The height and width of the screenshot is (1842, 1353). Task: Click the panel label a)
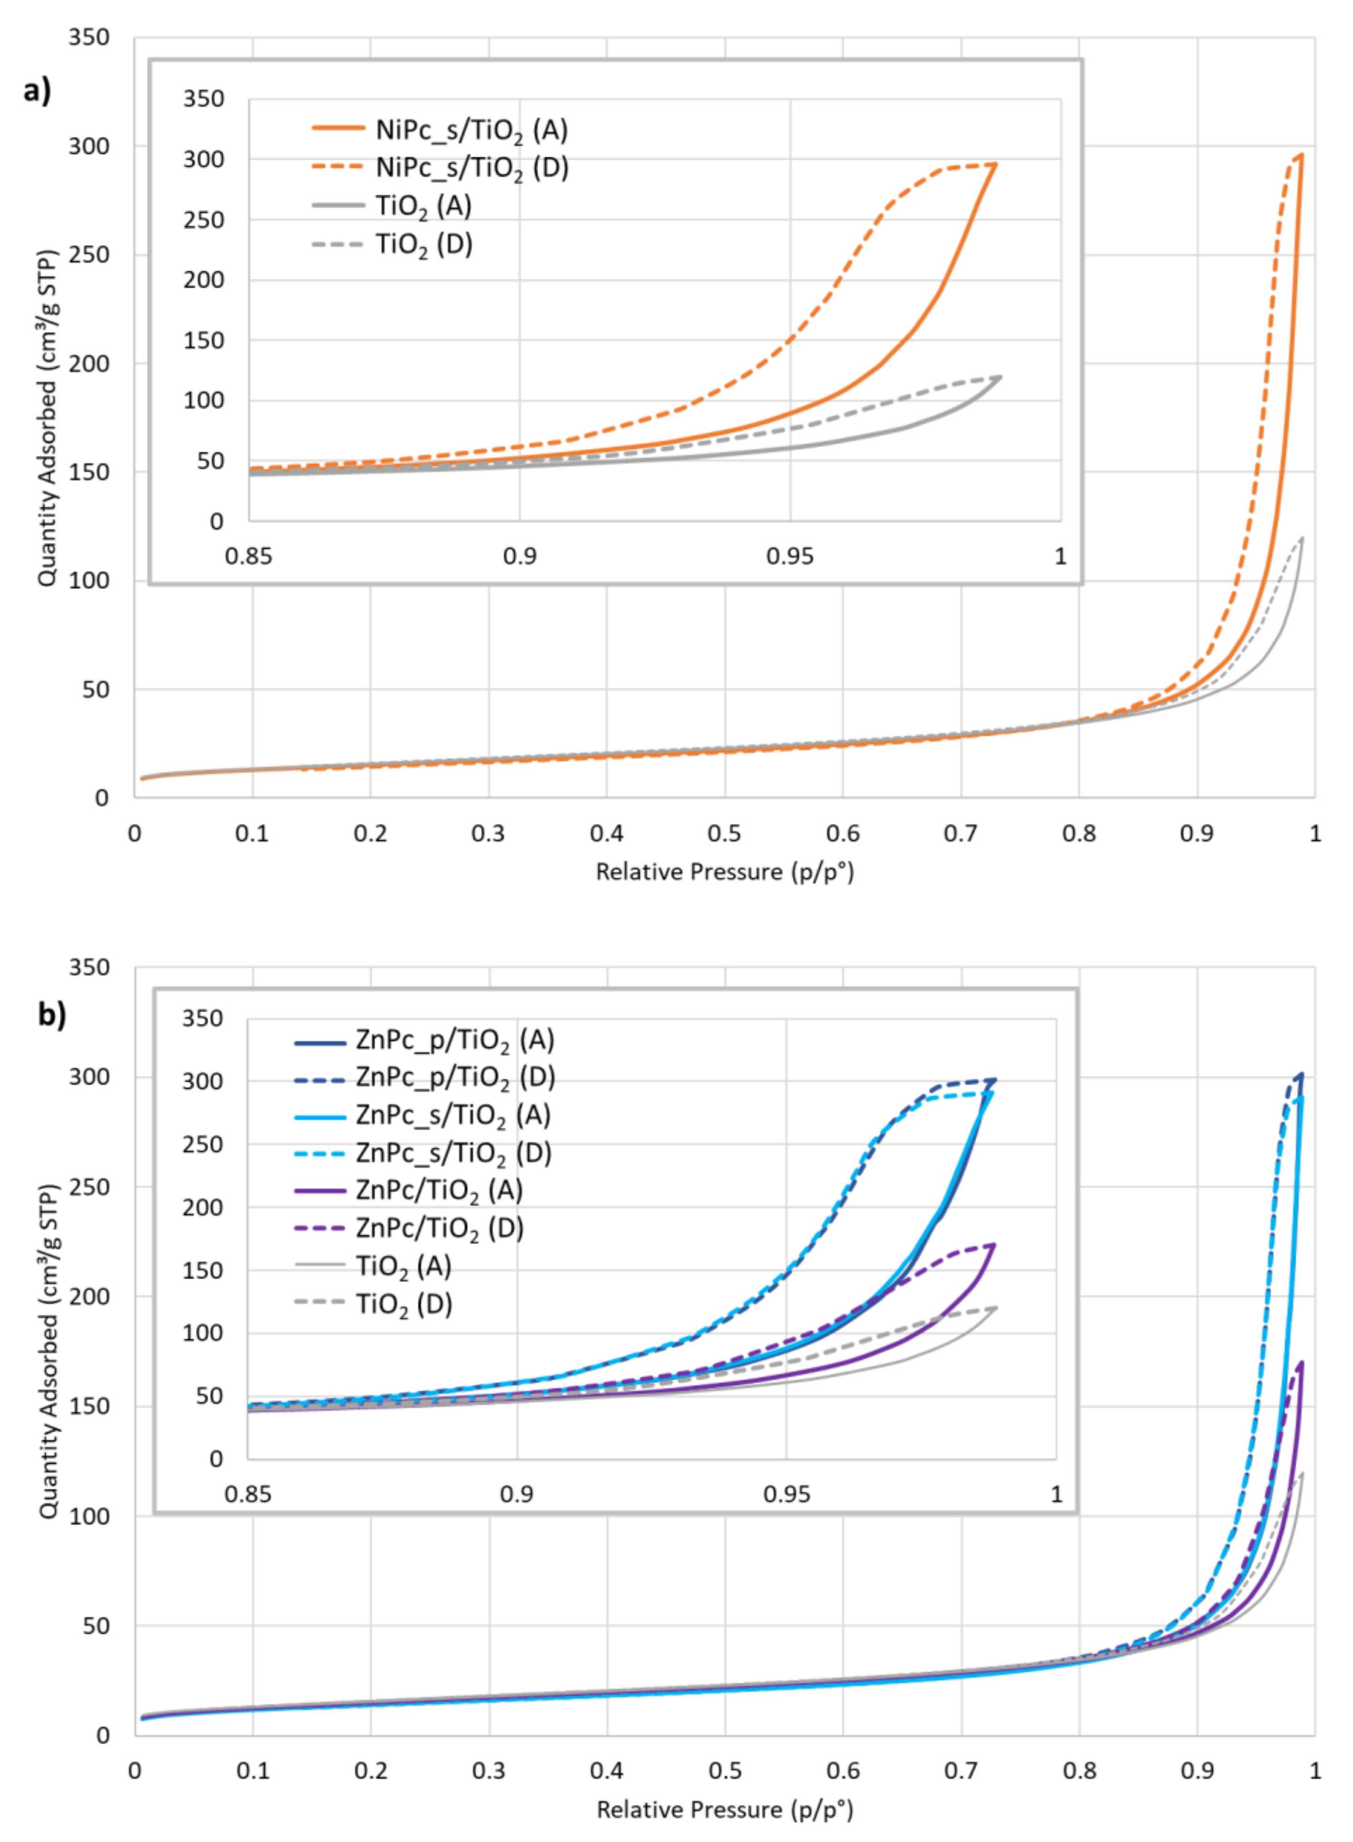click(37, 90)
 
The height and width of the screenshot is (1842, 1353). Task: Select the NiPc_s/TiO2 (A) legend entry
click(471, 130)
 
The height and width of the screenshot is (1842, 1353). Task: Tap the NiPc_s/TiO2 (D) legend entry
click(471, 168)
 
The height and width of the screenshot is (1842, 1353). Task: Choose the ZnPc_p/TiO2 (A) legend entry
click(455, 1040)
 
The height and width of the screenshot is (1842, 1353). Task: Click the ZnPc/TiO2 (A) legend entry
click(439, 1190)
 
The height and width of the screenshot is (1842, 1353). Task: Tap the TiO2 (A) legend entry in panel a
click(423, 206)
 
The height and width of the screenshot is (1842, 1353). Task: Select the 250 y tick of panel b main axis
click(88, 1187)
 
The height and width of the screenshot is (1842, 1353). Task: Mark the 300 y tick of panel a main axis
click(88, 146)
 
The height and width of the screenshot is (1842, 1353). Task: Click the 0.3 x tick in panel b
click(489, 1771)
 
